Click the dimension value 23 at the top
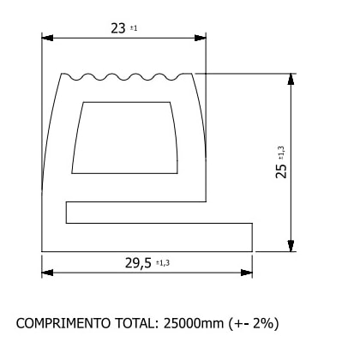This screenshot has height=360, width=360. [117, 27]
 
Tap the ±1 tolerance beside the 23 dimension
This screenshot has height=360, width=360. [134, 29]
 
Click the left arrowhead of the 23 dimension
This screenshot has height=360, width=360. [48, 38]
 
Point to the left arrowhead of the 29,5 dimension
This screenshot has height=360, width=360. [48, 273]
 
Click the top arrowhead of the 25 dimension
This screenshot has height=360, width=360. [292, 79]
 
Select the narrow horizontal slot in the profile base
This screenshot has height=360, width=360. [137, 213]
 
